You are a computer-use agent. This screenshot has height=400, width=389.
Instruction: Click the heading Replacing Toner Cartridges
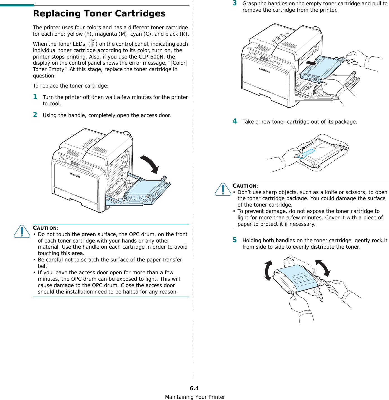point(99,13)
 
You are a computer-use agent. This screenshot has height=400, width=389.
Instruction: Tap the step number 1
point(35,97)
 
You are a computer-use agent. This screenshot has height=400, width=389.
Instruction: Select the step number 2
point(35,115)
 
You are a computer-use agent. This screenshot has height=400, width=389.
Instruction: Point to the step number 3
point(235,3)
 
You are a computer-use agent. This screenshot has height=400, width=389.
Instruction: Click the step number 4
point(235,121)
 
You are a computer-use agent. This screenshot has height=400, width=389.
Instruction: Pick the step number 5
point(235,240)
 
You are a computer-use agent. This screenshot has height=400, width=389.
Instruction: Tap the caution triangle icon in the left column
point(22,231)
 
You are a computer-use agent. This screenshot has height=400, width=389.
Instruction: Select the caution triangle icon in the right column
point(223,189)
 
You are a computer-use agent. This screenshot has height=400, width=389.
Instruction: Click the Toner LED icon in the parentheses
point(93,43)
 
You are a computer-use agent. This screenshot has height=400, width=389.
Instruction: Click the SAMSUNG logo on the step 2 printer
point(75,175)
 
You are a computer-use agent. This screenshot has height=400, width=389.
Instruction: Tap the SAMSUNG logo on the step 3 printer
point(264,70)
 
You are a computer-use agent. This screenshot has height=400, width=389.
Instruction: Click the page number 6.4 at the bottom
point(194,388)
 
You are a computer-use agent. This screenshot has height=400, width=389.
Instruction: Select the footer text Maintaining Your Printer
point(195,397)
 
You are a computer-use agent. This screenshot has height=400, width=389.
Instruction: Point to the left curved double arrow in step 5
point(268,270)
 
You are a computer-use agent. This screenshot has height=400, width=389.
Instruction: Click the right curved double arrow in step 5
point(323,268)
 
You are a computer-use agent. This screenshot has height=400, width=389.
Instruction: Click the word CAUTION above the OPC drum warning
point(45,228)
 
